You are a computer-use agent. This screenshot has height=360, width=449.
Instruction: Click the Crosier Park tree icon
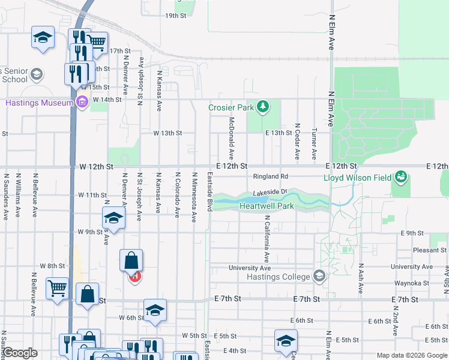262,107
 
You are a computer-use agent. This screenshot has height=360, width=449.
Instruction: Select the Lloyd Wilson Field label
358,178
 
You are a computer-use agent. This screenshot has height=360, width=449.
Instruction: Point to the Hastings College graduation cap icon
319,277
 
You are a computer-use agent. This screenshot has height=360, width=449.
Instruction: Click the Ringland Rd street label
271,176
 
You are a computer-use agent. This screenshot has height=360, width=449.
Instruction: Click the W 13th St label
167,133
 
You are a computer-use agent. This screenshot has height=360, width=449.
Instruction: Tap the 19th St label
176,15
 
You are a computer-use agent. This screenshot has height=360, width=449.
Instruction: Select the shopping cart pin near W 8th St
57,289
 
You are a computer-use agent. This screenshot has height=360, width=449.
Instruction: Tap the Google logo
20,353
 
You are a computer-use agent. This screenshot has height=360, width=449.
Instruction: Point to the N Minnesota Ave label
194,197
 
